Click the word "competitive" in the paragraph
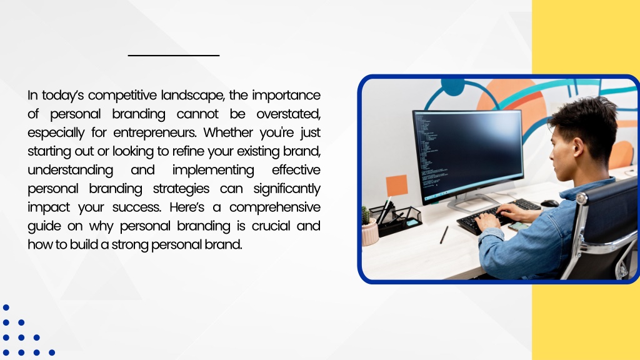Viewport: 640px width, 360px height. coord(122,96)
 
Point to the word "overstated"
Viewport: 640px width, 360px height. coord(288,114)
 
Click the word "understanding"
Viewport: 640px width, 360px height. coord(70,170)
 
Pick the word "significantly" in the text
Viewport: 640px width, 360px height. coord(286,189)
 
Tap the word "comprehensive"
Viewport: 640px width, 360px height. coord(275,207)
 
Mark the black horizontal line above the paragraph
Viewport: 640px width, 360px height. coord(174,55)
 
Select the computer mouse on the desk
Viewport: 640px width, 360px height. coord(549,203)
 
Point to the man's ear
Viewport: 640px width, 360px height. coord(577,147)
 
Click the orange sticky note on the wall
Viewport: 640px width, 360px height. coord(397,185)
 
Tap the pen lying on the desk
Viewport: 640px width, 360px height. coord(444,235)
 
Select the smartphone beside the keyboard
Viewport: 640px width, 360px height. coord(518,226)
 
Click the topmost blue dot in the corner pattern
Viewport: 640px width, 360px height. coord(6,307)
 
